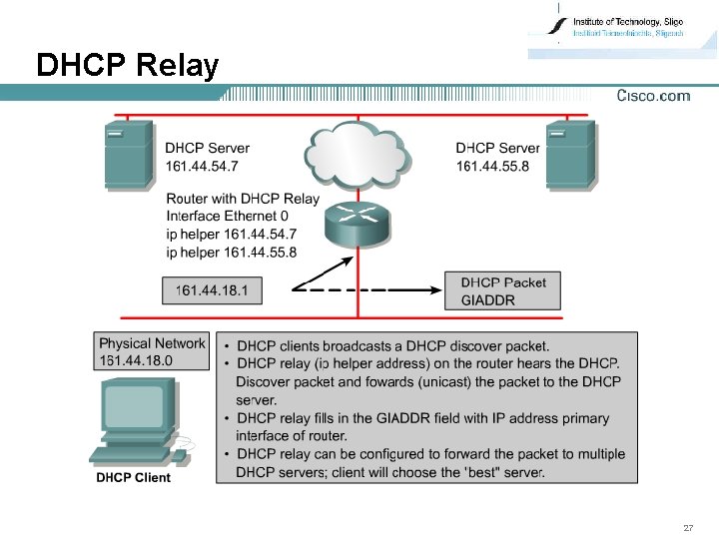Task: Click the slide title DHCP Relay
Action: (x=127, y=66)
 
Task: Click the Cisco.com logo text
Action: (x=653, y=96)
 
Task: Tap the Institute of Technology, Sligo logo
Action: (x=619, y=28)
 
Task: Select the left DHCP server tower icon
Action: (x=129, y=154)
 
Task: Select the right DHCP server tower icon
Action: (x=570, y=154)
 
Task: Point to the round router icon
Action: (x=358, y=225)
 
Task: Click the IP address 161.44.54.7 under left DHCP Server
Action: (x=202, y=165)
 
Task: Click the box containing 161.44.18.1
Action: (x=211, y=290)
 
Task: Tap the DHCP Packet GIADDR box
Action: (x=503, y=290)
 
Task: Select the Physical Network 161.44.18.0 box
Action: (x=152, y=351)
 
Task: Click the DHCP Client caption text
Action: (x=133, y=477)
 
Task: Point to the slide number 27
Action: (x=688, y=527)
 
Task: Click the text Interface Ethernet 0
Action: (x=228, y=216)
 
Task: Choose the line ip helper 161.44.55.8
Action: (x=231, y=252)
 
